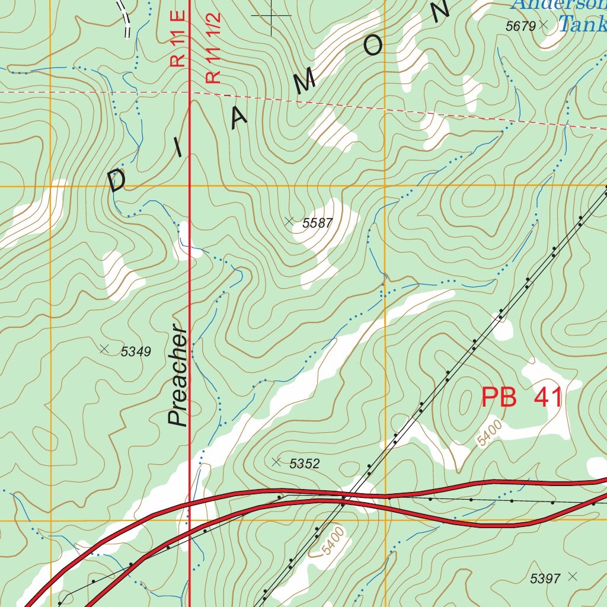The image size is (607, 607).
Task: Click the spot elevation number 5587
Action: [x=318, y=223]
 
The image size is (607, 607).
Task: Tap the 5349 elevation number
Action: [x=136, y=352]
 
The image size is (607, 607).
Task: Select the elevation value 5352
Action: [x=305, y=464]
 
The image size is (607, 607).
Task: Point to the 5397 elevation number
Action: [x=545, y=579]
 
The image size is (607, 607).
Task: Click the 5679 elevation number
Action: [x=520, y=26]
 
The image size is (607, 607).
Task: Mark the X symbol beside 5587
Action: [x=289, y=221]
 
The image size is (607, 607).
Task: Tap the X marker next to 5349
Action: [x=105, y=349]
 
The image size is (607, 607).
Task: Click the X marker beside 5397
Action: [x=572, y=576]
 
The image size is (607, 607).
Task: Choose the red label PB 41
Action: [x=522, y=398]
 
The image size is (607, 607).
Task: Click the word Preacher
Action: [x=178, y=376]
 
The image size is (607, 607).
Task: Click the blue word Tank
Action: [x=582, y=24]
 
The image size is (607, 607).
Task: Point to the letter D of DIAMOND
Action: [x=117, y=179]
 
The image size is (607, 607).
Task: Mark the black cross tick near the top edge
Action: [x=271, y=15]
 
